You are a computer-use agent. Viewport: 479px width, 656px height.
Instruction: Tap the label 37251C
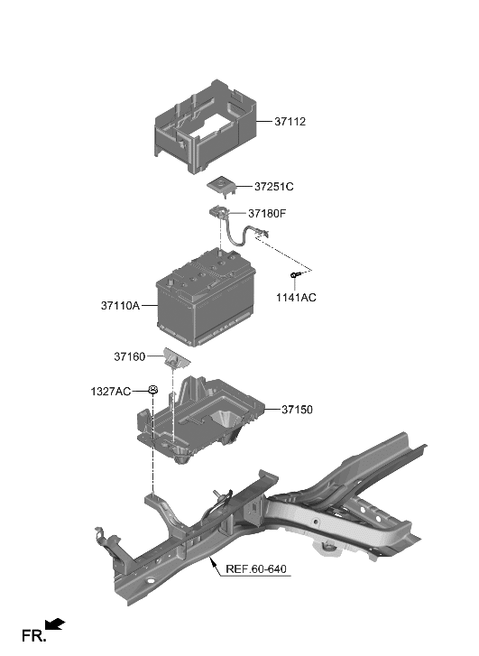(274, 187)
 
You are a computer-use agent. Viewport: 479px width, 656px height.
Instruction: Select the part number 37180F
(269, 214)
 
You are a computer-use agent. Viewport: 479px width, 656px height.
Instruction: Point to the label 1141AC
(297, 297)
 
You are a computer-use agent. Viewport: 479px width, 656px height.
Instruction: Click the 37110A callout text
(120, 306)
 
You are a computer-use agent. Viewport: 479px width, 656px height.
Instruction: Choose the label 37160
(130, 356)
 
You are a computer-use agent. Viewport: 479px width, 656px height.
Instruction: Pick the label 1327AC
(111, 391)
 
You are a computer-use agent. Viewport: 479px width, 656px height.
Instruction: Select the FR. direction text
(33, 636)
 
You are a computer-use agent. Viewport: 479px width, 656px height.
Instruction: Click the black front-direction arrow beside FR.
(55, 623)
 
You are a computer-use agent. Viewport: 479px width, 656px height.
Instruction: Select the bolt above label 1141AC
(295, 274)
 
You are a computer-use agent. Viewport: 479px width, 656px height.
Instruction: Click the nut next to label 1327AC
(154, 390)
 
